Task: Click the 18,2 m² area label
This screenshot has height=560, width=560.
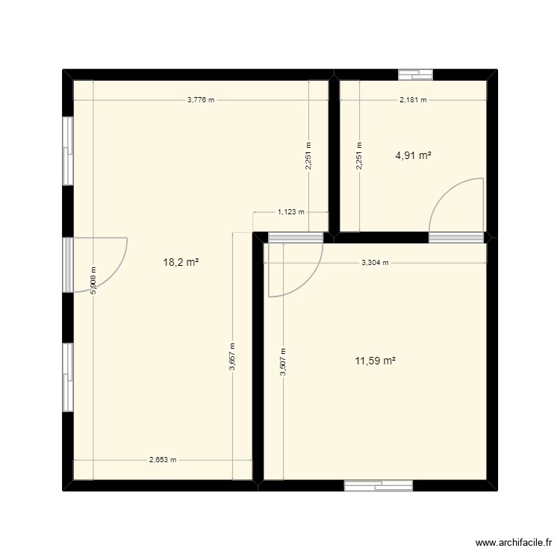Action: (181, 262)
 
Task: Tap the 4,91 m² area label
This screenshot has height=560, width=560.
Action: (414, 156)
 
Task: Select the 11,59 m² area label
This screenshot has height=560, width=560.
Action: (375, 361)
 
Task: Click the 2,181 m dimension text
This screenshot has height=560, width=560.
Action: (413, 99)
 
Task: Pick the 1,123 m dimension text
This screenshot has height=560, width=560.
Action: (291, 212)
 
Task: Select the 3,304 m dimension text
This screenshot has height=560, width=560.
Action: (376, 263)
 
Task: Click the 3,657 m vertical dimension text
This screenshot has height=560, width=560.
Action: (233, 355)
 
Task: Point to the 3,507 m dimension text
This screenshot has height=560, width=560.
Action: (283, 363)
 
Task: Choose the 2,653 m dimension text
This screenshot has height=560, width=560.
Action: (162, 460)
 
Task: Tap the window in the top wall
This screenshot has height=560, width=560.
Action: (416, 74)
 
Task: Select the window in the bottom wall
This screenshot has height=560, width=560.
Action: (379, 485)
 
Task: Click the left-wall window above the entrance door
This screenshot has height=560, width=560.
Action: (68, 150)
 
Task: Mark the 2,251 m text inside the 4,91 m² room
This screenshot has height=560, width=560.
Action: (359, 157)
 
